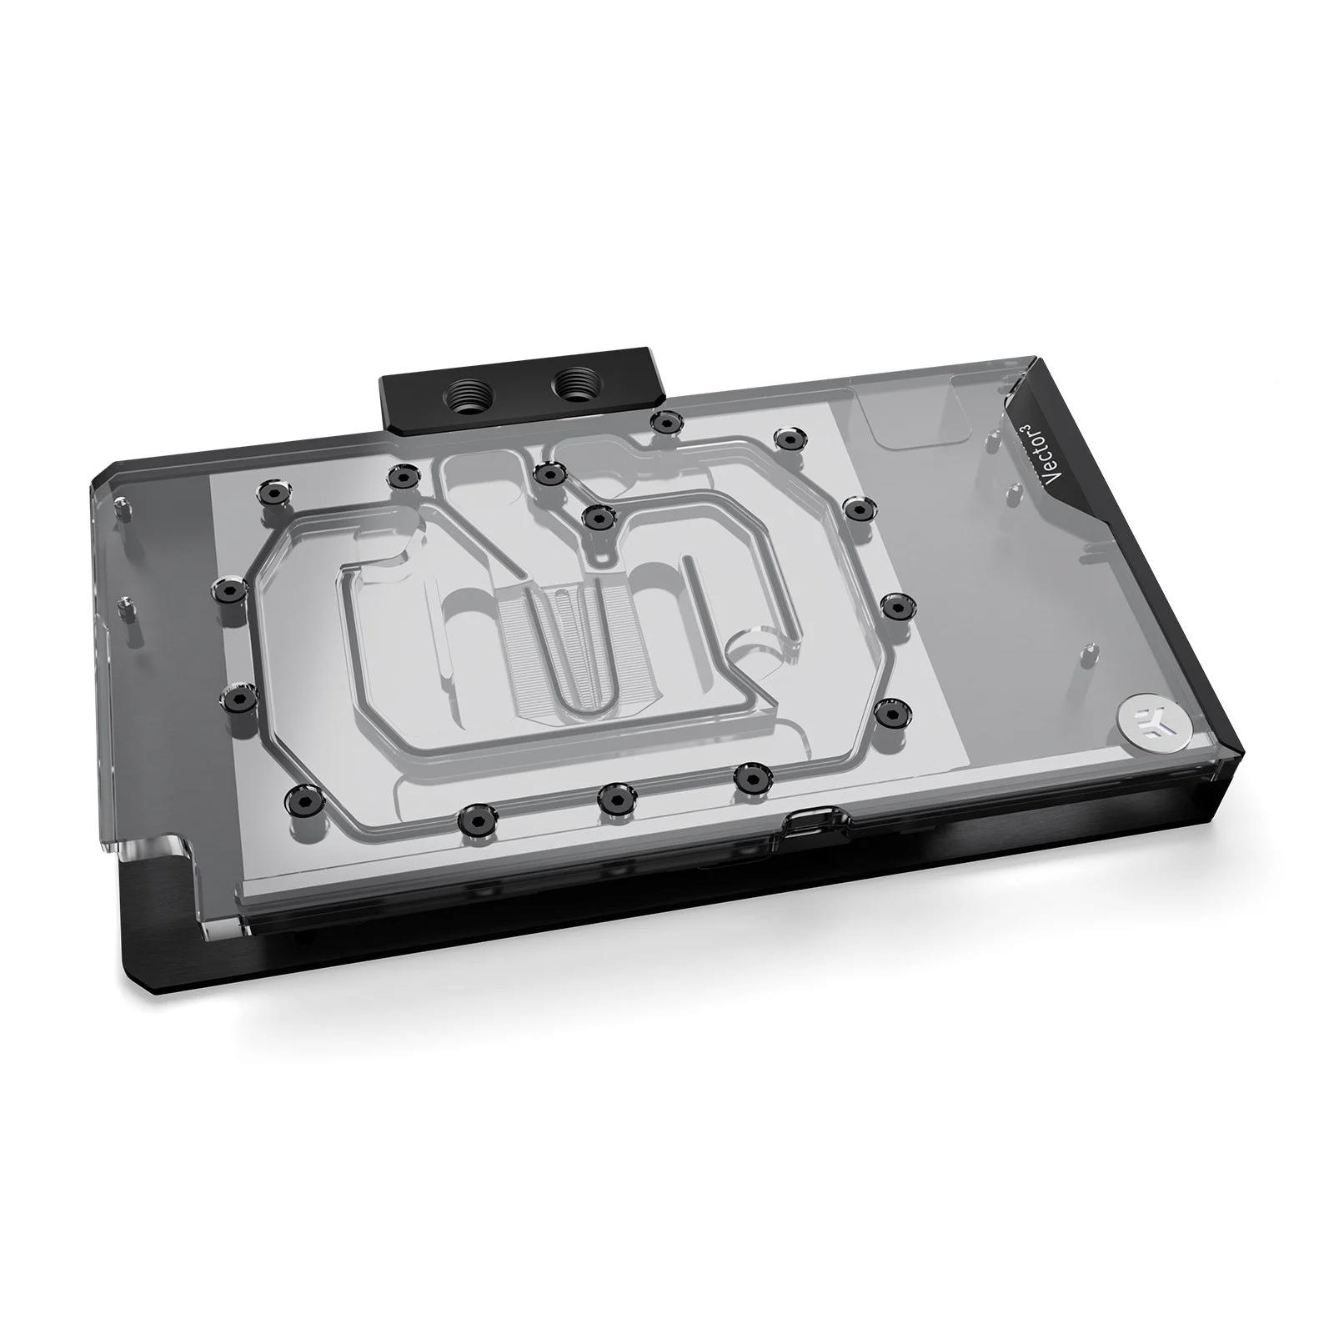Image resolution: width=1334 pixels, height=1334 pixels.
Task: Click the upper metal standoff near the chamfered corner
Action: [124, 505]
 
